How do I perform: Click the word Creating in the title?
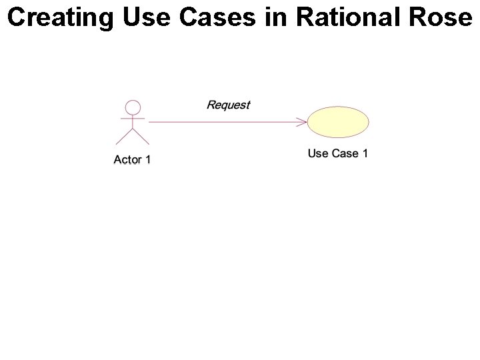61,18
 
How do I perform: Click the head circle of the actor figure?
133,107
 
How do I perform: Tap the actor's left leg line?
125,137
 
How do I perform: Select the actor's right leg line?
141,137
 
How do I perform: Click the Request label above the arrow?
228,105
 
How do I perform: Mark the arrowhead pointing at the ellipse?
302,122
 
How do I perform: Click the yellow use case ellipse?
338,121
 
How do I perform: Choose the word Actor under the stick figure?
127,159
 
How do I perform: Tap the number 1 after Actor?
147,159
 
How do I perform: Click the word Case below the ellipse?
345,153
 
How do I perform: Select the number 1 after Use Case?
365,153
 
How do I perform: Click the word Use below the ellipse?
318,153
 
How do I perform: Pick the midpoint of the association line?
227,122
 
